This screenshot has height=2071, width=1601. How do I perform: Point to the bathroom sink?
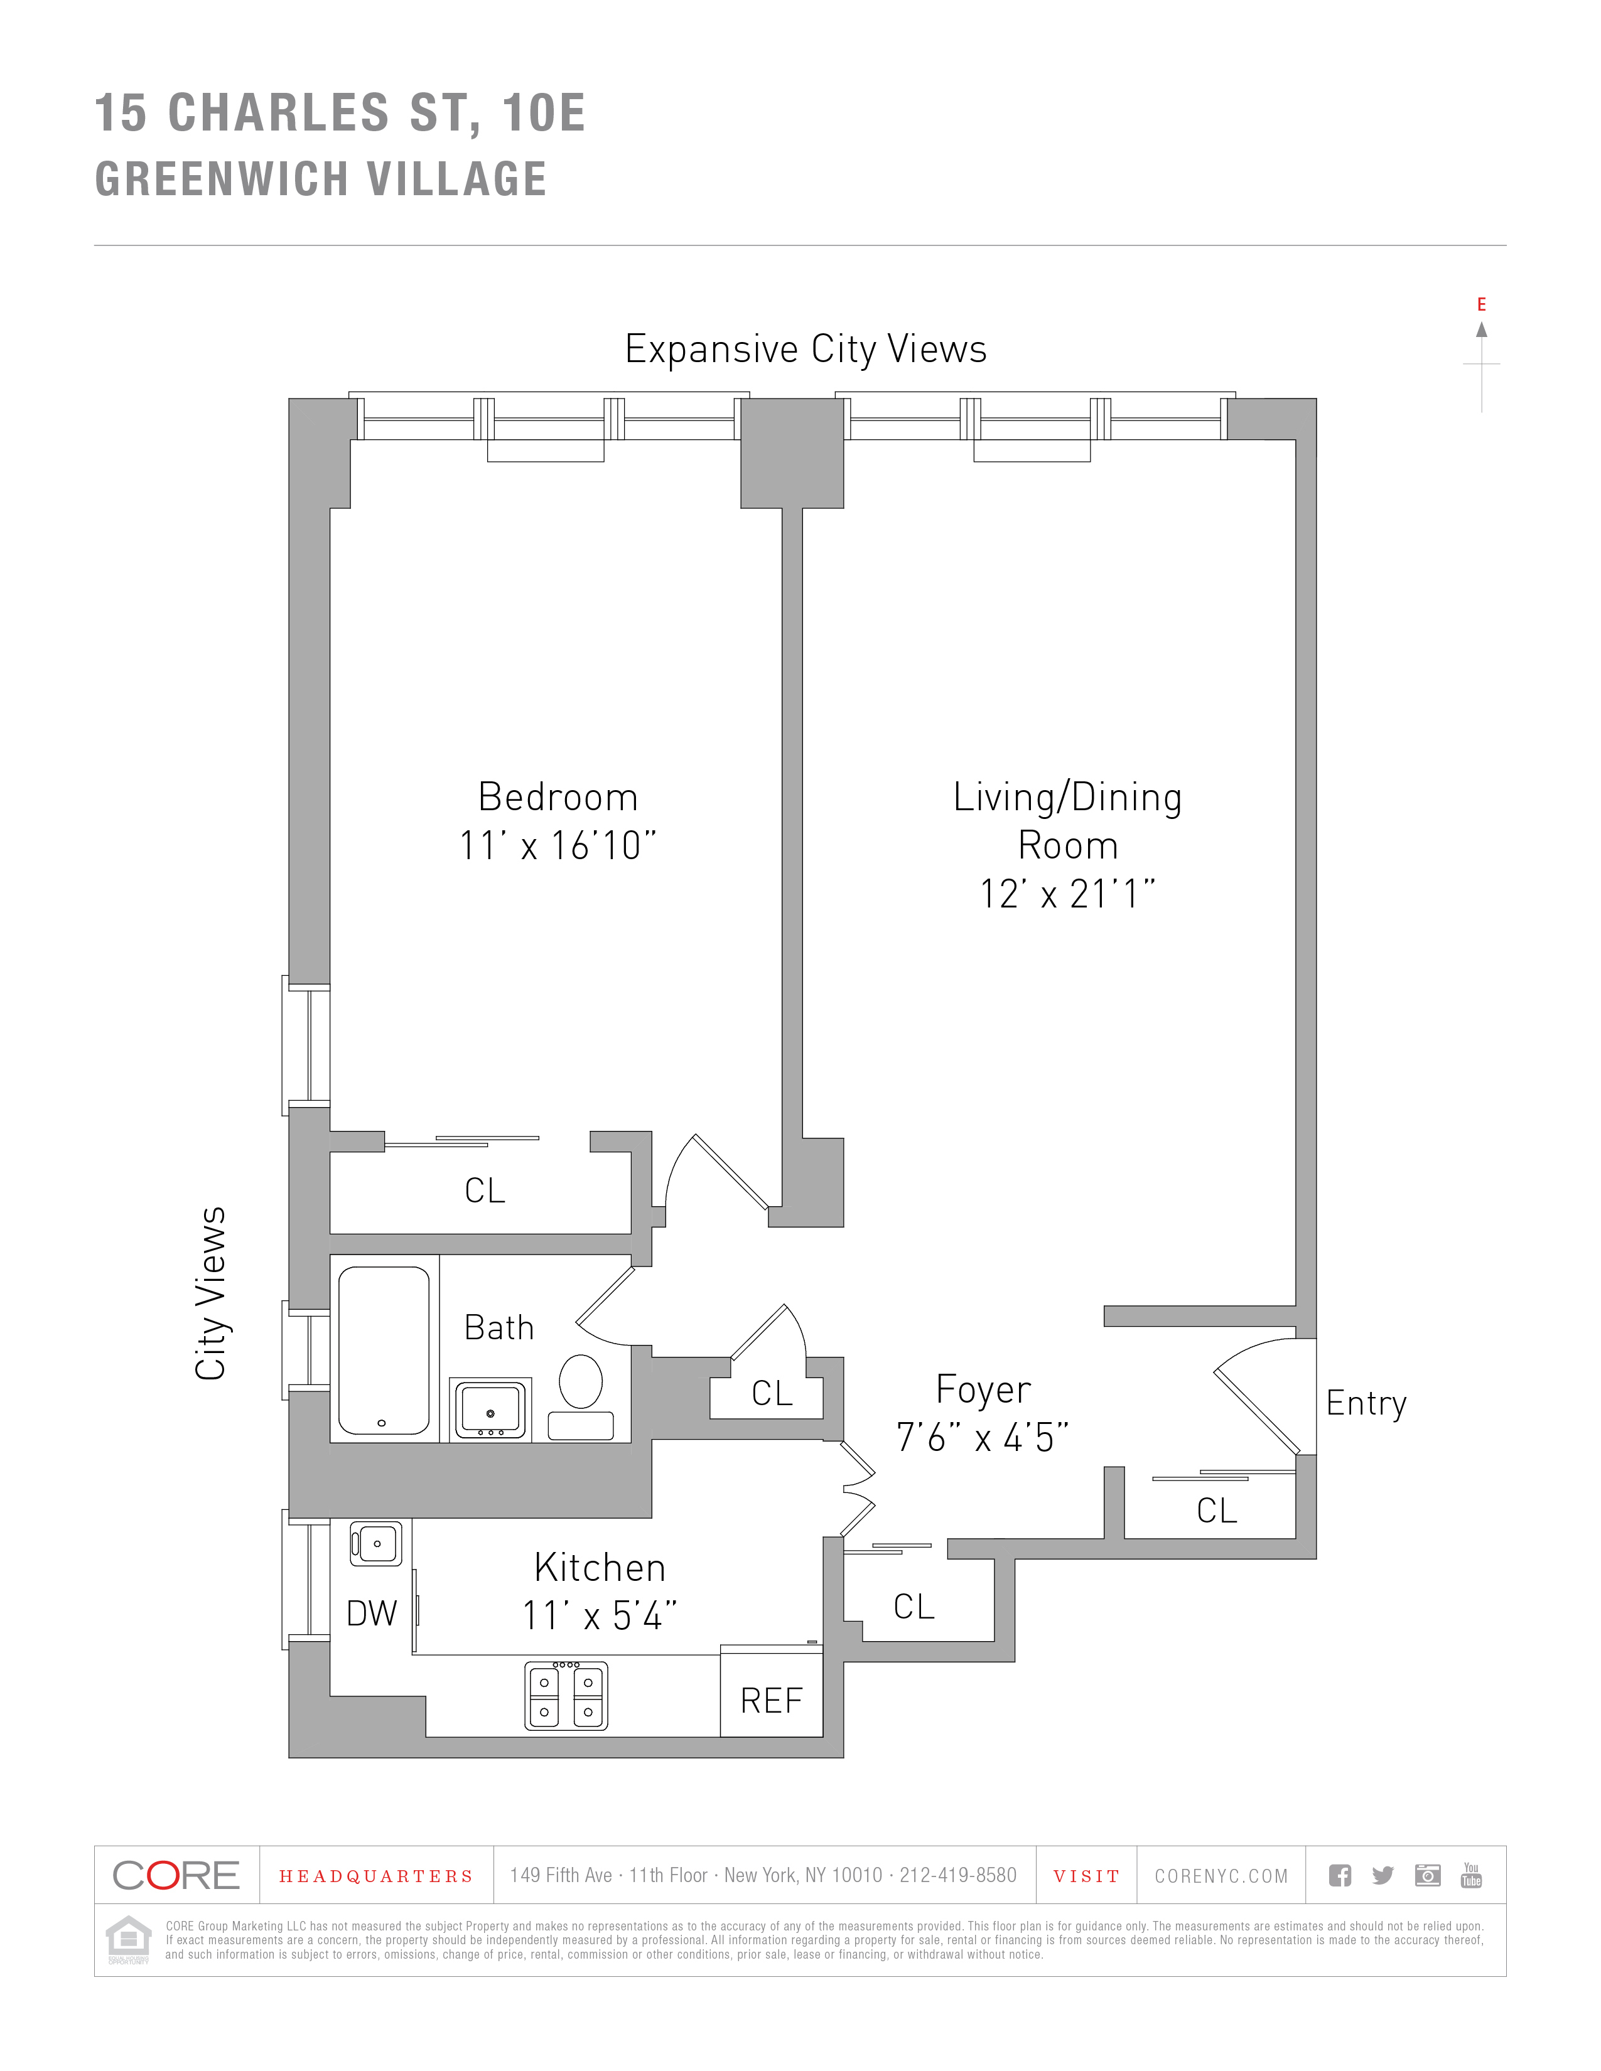(490, 1409)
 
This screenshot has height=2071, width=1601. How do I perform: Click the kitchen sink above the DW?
(377, 1544)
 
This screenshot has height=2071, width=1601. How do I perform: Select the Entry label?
(1366, 1403)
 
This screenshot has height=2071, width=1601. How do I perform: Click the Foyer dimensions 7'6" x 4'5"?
(983, 1438)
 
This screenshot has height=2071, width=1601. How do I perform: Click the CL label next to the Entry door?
(1217, 1511)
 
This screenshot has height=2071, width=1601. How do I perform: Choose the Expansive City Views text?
(806, 349)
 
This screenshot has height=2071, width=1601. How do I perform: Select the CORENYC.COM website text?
(1221, 1876)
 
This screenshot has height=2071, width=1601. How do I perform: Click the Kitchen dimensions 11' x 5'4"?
(600, 1616)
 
